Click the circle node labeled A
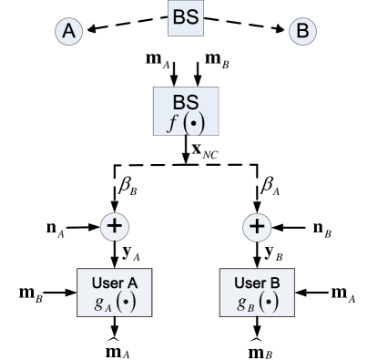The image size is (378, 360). click(x=68, y=32)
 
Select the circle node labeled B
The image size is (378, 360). click(x=301, y=32)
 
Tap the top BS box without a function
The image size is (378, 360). click(x=185, y=18)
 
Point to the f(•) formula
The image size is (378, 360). click(x=186, y=121)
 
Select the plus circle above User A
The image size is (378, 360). click(x=114, y=226)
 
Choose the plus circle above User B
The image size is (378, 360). click(x=258, y=226)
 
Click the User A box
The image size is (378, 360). click(x=114, y=292)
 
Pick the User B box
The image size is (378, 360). click(x=256, y=292)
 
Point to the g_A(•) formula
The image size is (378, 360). click(x=115, y=302)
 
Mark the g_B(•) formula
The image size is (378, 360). click(x=257, y=302)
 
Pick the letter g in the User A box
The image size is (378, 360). click(x=98, y=302)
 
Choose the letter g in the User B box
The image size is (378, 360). click(x=240, y=302)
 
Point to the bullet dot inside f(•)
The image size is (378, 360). click(x=191, y=122)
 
